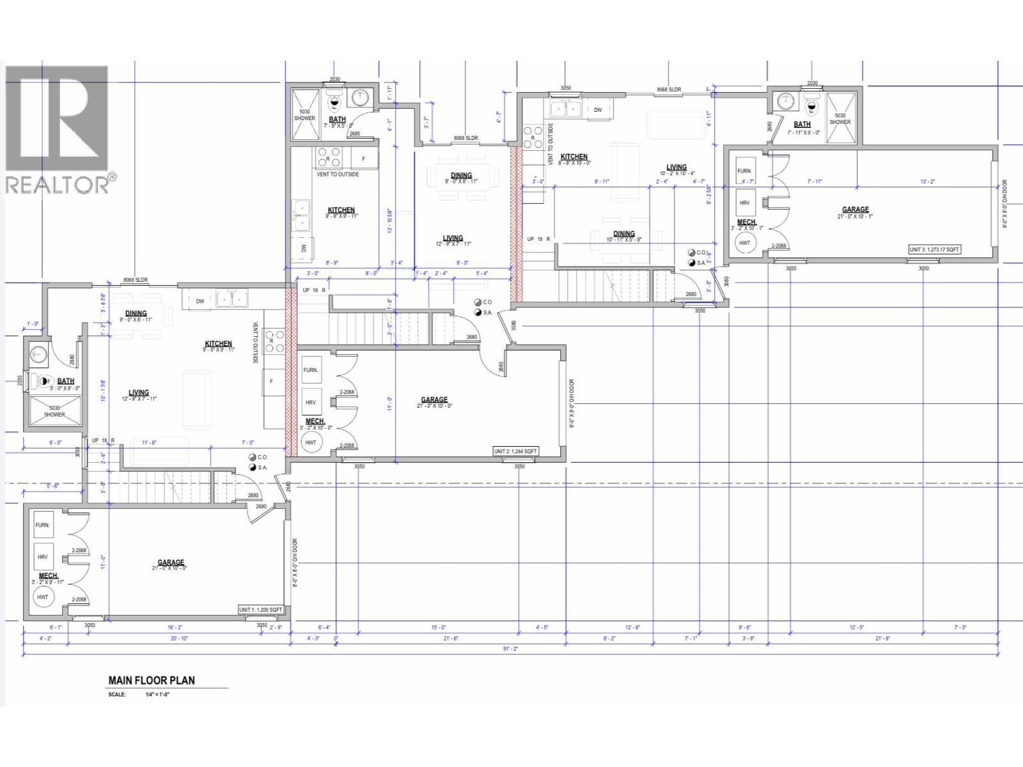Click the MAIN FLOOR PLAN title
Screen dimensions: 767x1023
(152, 680)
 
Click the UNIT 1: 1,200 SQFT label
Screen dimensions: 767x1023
(260, 610)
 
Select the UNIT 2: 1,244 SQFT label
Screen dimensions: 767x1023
(515, 451)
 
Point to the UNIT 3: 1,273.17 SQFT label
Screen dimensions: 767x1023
(935, 250)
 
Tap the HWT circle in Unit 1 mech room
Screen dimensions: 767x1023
(43, 597)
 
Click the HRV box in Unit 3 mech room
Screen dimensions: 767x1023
(744, 203)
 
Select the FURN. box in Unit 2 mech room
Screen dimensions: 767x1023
(311, 370)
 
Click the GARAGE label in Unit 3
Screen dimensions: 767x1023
(855, 210)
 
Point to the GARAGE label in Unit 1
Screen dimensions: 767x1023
(171, 562)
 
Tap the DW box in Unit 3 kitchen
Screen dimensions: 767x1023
(598, 110)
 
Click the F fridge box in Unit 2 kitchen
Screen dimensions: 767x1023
(364, 158)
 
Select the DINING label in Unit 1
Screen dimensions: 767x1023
(136, 313)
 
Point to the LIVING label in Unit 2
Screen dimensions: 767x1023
(453, 238)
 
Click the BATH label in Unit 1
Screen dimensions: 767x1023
(66, 381)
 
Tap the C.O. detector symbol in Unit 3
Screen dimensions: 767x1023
(692, 252)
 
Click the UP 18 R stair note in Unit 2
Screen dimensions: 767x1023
(314, 290)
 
